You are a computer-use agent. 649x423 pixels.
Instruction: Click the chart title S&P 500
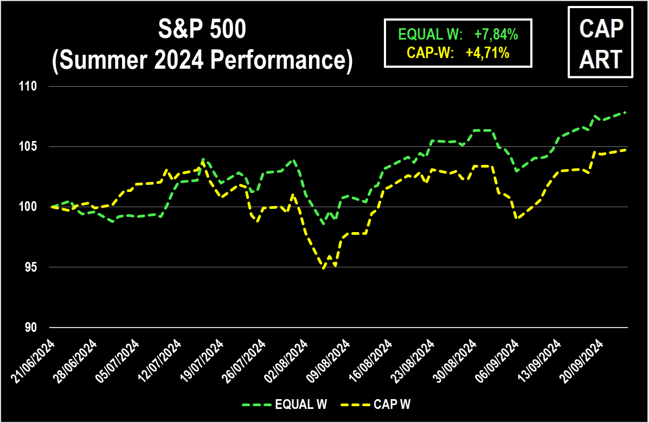tap(202, 31)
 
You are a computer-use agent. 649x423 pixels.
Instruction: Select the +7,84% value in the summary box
tap(496, 35)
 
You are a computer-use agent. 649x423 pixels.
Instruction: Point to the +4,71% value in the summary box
tap(487, 53)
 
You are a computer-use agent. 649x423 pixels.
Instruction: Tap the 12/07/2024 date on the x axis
tap(161, 361)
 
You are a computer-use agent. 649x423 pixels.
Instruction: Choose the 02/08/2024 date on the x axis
tap(288, 361)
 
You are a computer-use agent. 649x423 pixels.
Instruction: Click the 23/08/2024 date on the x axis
tap(415, 361)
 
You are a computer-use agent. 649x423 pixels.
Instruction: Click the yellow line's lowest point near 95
tap(324, 268)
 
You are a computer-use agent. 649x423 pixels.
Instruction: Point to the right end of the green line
tap(626, 112)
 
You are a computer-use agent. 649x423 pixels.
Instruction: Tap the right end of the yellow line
tap(626, 150)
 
